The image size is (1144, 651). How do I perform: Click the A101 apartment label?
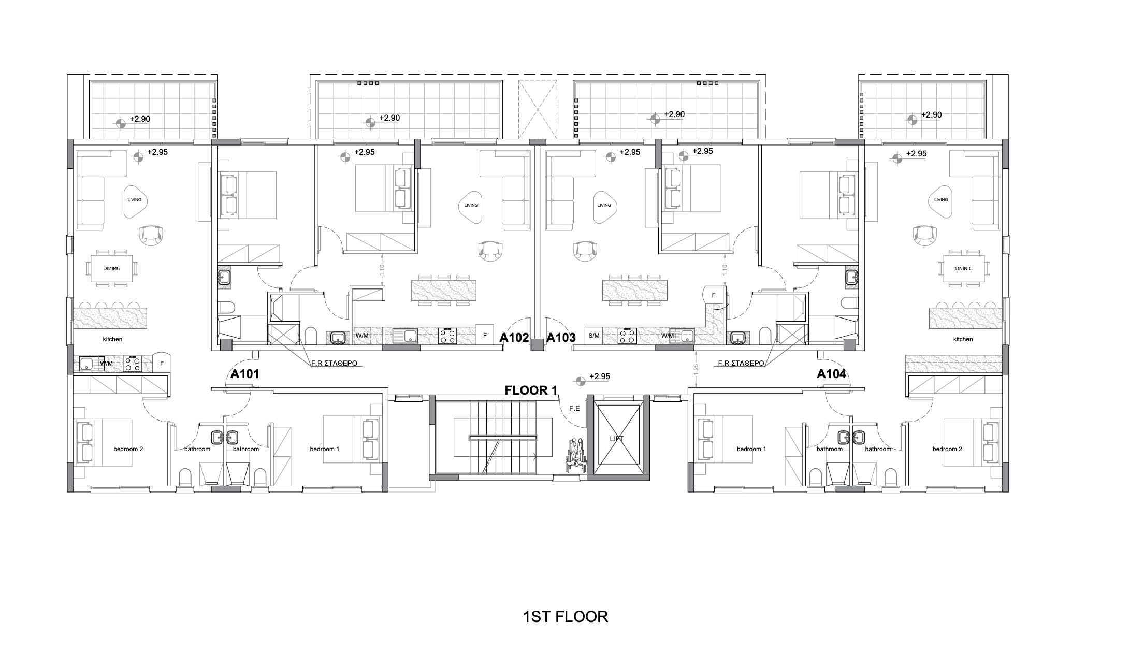(245, 374)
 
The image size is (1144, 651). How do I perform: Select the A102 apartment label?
(514, 338)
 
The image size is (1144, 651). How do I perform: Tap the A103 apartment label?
(561, 338)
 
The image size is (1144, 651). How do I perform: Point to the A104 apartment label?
(832, 374)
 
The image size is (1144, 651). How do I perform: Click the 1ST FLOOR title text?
(566, 617)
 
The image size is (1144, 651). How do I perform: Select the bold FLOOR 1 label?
(531, 390)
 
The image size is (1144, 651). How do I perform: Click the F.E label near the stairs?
(574, 409)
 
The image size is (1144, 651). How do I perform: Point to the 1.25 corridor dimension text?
(696, 369)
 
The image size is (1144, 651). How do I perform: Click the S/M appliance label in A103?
(594, 336)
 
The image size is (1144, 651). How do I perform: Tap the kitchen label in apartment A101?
(112, 339)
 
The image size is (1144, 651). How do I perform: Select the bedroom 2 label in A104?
(947, 449)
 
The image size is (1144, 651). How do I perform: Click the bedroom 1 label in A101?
(325, 449)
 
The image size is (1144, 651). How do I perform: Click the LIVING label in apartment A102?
(471, 205)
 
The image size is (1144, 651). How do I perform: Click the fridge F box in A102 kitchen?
(485, 336)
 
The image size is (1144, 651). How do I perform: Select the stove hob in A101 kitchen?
(132, 364)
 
